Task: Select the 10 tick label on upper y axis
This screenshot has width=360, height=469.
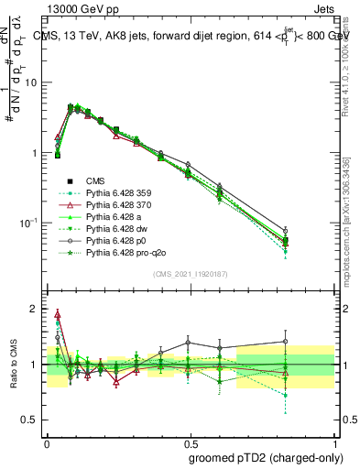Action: click(32, 82)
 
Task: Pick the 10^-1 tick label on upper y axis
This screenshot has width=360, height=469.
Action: click(29, 223)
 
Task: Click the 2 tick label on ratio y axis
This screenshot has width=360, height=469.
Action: click(36, 309)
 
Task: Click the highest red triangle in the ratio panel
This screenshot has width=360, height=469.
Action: click(58, 313)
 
